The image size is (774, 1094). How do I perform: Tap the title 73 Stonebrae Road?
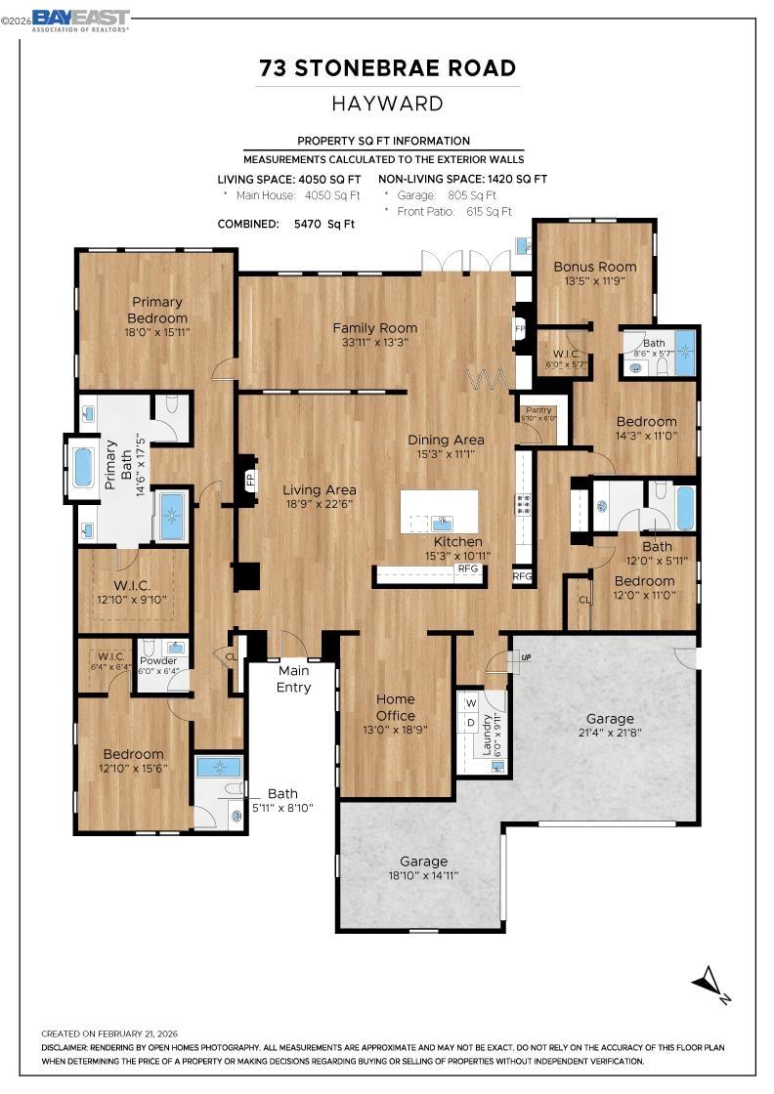tap(387, 68)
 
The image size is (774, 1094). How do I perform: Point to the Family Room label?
tap(374, 328)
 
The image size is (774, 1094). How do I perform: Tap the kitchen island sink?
tap(442, 522)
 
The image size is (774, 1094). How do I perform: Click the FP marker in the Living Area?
tap(250, 481)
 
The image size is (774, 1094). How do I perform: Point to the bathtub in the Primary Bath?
tap(81, 468)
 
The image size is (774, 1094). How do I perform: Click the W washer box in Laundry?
tap(470, 702)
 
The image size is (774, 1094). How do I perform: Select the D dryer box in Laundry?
tap(470, 722)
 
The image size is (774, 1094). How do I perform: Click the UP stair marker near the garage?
tap(525, 657)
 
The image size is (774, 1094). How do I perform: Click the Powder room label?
tap(157, 661)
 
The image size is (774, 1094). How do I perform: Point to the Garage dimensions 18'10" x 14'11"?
tap(423, 875)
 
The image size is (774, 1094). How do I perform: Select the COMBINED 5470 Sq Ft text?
tap(285, 224)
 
